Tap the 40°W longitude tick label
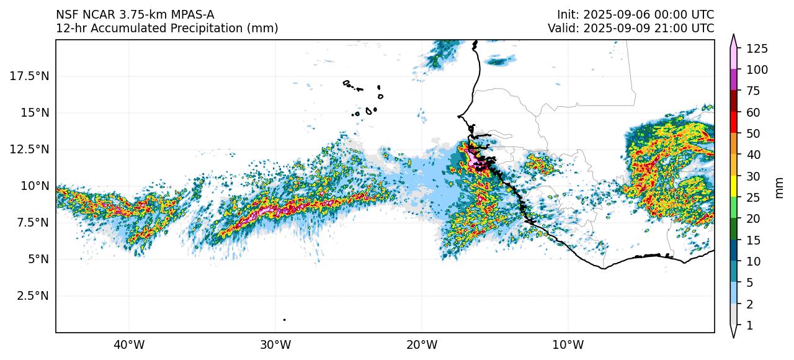[129, 344]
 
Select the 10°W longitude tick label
[568, 344]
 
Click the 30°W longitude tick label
[275, 344]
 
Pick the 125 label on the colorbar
[757, 48]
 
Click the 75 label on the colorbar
[754, 91]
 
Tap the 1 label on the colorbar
[749, 325]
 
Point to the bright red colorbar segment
[733, 123]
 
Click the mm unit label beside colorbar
[780, 187]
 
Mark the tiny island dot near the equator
[284, 320]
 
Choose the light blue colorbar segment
[733, 293]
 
